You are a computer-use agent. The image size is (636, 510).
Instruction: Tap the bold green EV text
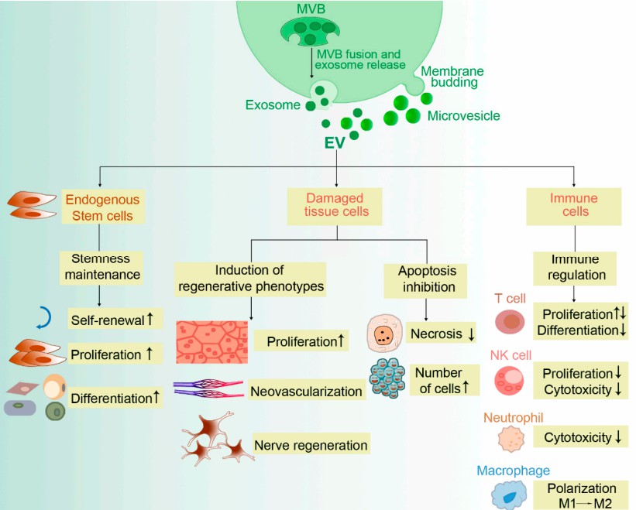pos(335,143)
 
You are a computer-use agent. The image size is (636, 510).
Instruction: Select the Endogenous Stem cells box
pos(100,207)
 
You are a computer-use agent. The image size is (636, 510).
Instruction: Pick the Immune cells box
pos(574,205)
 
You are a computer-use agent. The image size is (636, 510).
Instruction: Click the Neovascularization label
pos(306,391)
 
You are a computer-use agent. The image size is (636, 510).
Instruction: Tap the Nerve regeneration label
pos(310,445)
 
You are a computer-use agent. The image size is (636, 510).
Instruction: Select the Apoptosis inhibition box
pos(427,279)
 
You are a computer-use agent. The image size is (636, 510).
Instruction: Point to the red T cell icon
pos(512,321)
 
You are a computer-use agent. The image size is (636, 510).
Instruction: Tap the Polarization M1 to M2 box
pos(582,495)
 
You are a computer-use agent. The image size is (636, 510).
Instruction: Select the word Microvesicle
pos(463,116)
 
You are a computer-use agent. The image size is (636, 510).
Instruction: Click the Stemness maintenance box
pos(100,266)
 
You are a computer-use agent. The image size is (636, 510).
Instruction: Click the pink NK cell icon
pos(512,380)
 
